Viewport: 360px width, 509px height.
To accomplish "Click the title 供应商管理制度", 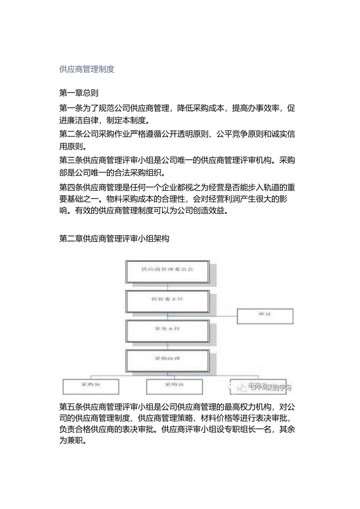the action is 86,69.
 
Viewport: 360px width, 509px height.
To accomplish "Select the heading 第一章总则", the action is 79,93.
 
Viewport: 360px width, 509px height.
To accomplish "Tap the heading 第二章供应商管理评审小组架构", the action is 114,238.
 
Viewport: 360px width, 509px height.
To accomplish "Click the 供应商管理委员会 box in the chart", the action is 167,270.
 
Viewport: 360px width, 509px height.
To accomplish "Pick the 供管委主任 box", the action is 167,299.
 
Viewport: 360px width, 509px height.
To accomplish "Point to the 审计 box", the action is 265,316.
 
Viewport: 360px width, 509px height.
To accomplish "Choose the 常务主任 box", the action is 167,329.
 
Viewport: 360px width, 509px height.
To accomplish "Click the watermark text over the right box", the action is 270,388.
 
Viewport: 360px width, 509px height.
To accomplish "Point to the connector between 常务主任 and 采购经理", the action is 167,345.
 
